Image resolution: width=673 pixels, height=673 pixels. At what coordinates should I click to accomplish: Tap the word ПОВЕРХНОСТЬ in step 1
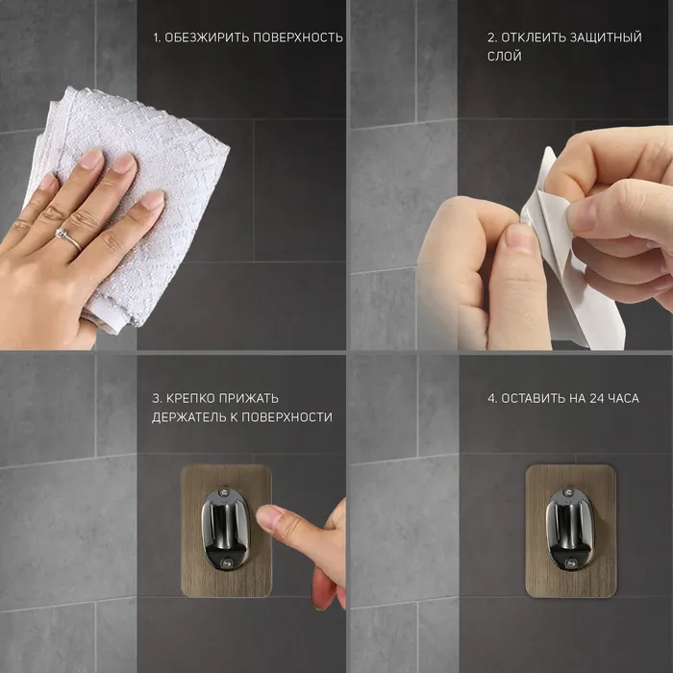pos(298,37)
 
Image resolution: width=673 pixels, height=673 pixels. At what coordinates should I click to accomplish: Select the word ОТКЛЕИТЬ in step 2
pos(533,37)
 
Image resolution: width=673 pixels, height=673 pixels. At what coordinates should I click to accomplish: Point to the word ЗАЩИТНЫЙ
pos(606,37)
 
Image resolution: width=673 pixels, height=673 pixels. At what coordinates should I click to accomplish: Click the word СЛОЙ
pos(505,56)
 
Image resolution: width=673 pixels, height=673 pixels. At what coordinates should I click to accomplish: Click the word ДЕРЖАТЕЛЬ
pos(188,417)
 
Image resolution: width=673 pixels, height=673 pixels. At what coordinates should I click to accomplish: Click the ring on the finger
pos(68,238)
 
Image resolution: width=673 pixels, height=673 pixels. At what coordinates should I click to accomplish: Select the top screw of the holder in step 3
pos(223,491)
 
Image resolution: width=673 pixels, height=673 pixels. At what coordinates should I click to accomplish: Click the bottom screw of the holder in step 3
pos(227,561)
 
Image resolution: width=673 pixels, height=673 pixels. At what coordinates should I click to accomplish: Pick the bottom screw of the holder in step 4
pos(570,562)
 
